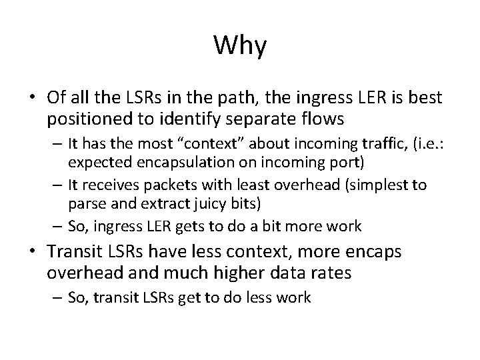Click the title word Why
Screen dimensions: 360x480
click(240, 46)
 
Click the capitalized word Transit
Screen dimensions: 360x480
click(75, 253)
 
